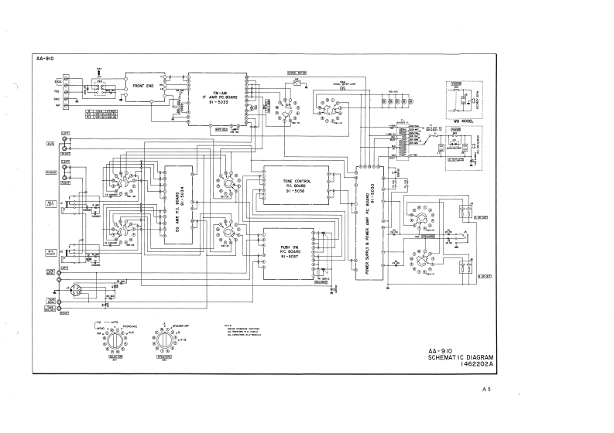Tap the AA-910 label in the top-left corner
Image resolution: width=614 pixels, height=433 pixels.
pyautogui.click(x=44, y=59)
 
